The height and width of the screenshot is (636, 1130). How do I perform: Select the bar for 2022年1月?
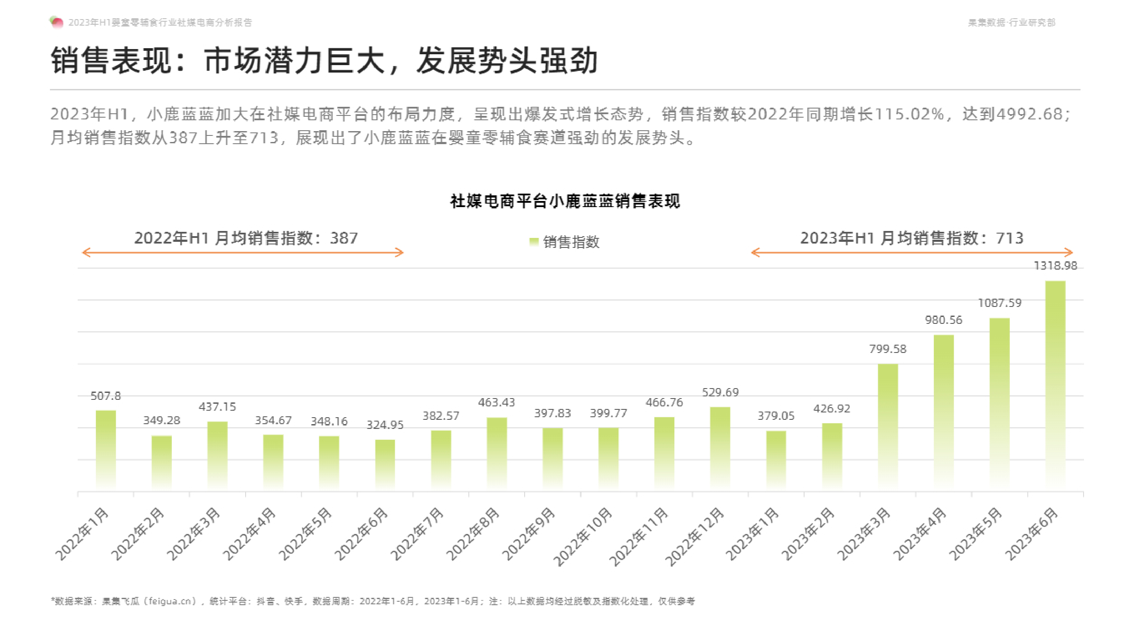[106, 449]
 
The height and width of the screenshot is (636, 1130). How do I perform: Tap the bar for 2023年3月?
[887, 426]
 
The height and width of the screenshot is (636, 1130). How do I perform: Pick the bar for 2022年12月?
[720, 448]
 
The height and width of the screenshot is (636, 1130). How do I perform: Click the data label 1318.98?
[1055, 266]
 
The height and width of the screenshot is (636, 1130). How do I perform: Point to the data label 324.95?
[385, 425]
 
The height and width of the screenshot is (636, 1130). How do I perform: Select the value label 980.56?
[943, 320]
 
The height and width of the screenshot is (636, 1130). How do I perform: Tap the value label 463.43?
[496, 402]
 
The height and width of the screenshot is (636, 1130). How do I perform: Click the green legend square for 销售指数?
[533, 242]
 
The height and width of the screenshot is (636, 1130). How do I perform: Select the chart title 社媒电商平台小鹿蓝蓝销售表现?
[565, 201]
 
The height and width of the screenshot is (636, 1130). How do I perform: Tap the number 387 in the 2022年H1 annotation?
[344, 238]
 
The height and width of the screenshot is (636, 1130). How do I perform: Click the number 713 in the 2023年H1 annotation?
[1009, 238]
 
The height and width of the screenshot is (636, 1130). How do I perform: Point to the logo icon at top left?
[56, 22]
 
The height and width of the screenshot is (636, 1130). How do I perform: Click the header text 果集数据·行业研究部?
[1011, 23]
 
